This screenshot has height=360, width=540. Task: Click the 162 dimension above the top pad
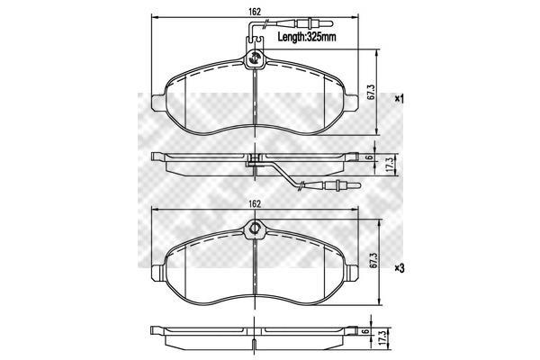coord(254,12)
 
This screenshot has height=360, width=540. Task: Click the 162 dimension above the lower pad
coord(254,204)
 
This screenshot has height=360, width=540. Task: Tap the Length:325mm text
coord(307,37)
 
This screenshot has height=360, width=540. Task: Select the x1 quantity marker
coord(399,99)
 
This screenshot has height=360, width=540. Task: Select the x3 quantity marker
coord(400,268)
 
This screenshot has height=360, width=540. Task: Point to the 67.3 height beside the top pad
coord(371,93)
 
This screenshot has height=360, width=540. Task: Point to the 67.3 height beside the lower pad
coord(373,261)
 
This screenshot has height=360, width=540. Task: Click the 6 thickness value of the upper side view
coord(369,157)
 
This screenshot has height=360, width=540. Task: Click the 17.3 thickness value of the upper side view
coord(390,166)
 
